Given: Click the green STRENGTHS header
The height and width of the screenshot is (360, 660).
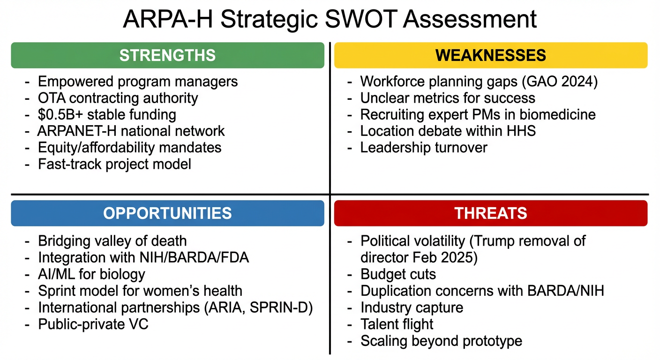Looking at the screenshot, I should [x=167, y=55].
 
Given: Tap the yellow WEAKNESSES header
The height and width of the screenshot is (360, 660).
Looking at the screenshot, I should [x=491, y=55].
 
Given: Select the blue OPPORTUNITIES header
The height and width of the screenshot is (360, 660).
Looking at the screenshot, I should [x=167, y=213].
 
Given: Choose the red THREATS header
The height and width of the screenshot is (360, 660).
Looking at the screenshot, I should [x=491, y=213].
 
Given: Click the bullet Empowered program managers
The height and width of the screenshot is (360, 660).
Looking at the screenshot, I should [x=138, y=82].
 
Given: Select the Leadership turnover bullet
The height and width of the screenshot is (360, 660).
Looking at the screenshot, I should [x=424, y=148].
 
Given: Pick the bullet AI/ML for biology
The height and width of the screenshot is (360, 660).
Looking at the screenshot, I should [x=91, y=274].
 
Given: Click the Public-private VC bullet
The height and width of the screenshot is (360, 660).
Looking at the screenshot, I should [x=93, y=323].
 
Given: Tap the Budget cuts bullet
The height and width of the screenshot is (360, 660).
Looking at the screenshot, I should [x=398, y=274].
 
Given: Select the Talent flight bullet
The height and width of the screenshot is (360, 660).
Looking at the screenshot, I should [x=397, y=324].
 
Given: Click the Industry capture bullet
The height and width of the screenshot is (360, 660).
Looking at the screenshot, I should [x=412, y=307].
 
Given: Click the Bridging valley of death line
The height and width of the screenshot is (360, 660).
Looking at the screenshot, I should [x=112, y=241].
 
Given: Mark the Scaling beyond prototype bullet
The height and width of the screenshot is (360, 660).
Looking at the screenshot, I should [x=441, y=341].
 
